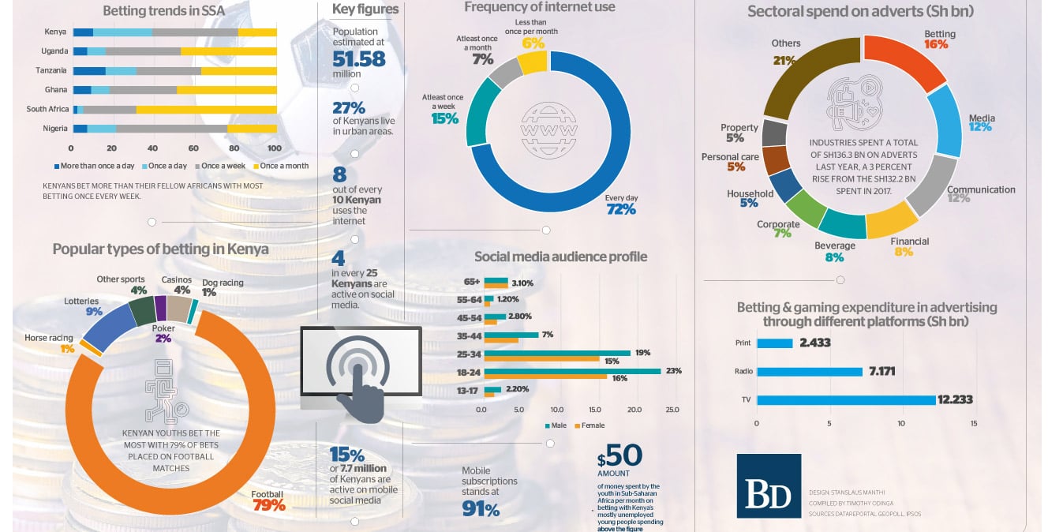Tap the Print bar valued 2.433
(x=774, y=343)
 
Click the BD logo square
(x=768, y=485)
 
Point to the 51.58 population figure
(x=359, y=59)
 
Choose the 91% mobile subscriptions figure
(x=481, y=509)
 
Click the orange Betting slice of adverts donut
(x=908, y=59)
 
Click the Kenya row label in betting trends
(x=55, y=32)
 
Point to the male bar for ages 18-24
(x=572, y=370)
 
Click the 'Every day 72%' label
(x=620, y=204)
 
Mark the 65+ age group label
(x=472, y=282)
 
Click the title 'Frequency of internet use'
(x=539, y=8)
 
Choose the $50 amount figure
(x=620, y=457)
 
